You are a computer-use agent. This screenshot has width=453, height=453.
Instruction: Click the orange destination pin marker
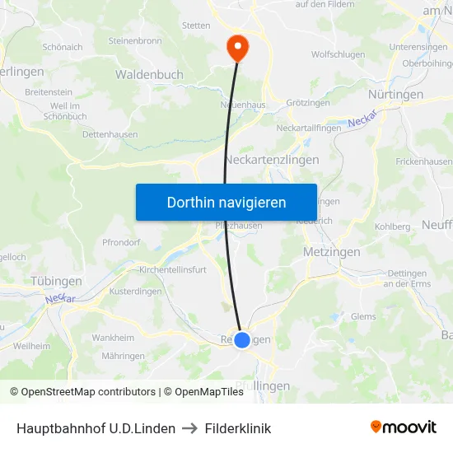(x=237, y=46)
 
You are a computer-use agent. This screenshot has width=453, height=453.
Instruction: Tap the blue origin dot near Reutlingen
(x=242, y=339)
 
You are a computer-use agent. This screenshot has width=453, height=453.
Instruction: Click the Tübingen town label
(x=56, y=281)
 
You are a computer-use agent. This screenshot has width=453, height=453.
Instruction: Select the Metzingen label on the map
(x=331, y=251)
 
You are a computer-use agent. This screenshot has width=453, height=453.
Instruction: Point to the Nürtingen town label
(x=395, y=95)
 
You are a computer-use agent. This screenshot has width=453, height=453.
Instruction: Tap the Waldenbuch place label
(x=149, y=74)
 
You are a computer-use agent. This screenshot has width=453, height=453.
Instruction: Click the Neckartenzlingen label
(x=272, y=160)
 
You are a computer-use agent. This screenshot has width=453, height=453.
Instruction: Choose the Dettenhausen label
(x=110, y=134)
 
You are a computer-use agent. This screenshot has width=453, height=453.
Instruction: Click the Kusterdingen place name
(x=137, y=292)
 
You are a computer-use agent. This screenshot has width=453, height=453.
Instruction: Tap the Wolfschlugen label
(x=339, y=54)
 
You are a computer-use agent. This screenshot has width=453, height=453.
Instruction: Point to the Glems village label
(x=362, y=316)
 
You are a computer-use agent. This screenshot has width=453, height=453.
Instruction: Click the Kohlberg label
(x=392, y=226)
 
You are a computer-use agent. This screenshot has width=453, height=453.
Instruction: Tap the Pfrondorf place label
(x=122, y=242)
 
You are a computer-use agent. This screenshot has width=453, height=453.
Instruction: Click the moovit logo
(x=404, y=427)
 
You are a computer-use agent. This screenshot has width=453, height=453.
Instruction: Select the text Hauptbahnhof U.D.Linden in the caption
(x=96, y=428)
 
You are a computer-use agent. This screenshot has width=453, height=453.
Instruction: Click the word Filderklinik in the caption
(x=238, y=428)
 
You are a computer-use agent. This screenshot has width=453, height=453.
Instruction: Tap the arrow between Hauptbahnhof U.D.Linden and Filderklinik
(x=190, y=428)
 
